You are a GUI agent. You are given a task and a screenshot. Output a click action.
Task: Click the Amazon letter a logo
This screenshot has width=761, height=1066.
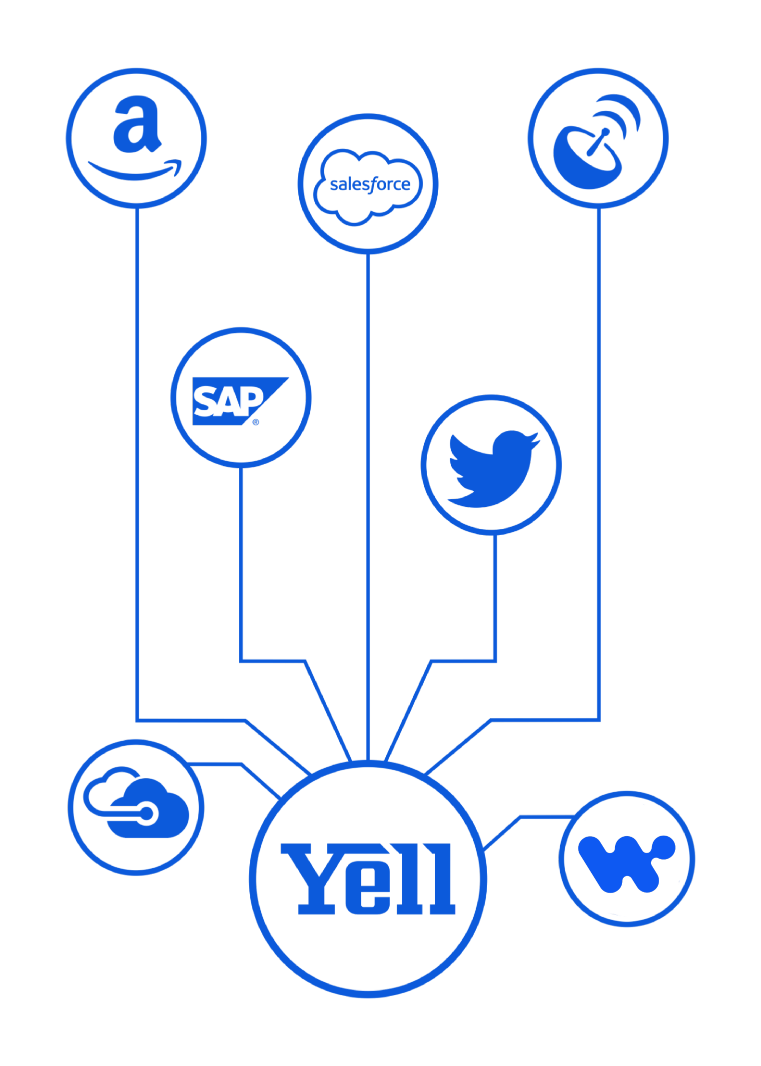[x=136, y=125]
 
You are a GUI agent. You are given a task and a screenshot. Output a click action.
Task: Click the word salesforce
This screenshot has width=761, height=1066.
[x=370, y=184]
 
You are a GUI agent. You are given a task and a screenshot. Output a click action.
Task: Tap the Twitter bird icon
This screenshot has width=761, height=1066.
[x=492, y=467]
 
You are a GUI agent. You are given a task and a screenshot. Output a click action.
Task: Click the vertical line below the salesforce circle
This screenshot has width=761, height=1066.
[x=368, y=500]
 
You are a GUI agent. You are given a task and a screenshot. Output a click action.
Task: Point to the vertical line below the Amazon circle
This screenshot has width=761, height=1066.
[x=137, y=450]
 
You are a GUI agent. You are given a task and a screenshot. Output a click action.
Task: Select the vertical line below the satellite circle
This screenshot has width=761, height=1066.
[x=599, y=450]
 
